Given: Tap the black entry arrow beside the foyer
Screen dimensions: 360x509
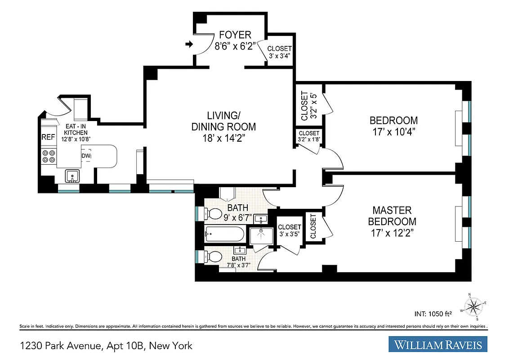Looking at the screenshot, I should [189, 44].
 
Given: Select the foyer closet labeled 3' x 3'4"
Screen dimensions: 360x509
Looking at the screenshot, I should [279, 52].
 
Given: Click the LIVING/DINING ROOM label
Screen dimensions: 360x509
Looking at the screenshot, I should [223, 126].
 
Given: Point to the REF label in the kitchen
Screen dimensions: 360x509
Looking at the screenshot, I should [48, 137].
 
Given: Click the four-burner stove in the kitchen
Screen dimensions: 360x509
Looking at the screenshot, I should [49, 156].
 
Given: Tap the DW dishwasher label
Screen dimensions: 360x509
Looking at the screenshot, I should [86, 156].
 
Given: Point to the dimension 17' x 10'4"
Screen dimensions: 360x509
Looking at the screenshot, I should [393, 132].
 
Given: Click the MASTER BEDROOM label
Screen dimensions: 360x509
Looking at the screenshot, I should [392, 216].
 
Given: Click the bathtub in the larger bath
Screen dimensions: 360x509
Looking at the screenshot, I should [224, 233].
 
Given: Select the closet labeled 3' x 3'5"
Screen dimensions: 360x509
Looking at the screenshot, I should [289, 230].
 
